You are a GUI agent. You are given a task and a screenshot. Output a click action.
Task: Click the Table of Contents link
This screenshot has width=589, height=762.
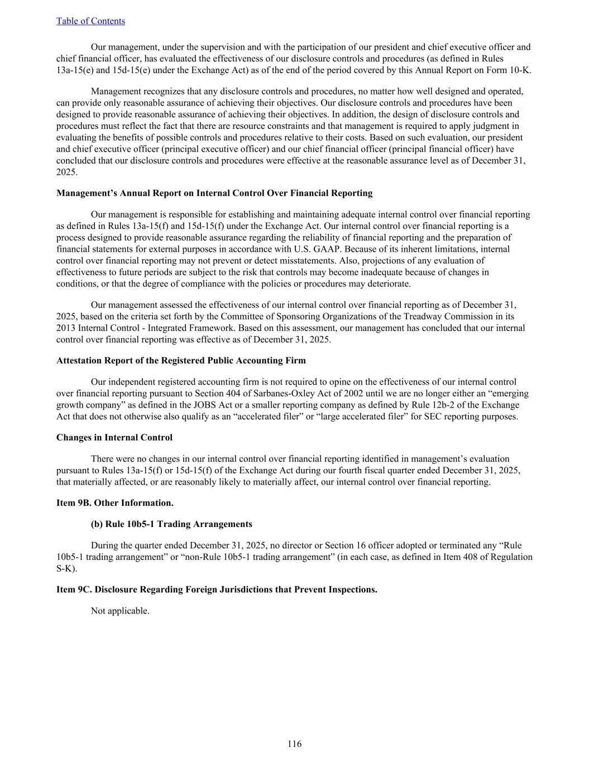click(90, 21)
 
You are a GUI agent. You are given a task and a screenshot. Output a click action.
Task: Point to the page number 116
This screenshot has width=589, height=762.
click(294, 744)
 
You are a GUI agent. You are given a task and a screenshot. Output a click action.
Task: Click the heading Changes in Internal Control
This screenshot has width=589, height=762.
click(114, 437)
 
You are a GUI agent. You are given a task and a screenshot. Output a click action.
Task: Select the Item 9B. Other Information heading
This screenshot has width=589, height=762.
click(114, 503)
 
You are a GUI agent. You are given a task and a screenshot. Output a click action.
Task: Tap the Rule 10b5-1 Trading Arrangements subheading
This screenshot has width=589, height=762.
click(171, 524)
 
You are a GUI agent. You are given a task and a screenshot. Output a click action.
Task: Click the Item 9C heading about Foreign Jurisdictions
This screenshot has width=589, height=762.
click(217, 590)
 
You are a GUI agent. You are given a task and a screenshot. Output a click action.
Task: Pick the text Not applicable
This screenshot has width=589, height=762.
click(120, 611)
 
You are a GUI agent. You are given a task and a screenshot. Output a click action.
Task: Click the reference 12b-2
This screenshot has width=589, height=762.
click(459, 405)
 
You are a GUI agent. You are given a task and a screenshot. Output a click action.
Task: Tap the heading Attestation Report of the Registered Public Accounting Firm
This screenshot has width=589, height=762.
click(181, 361)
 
